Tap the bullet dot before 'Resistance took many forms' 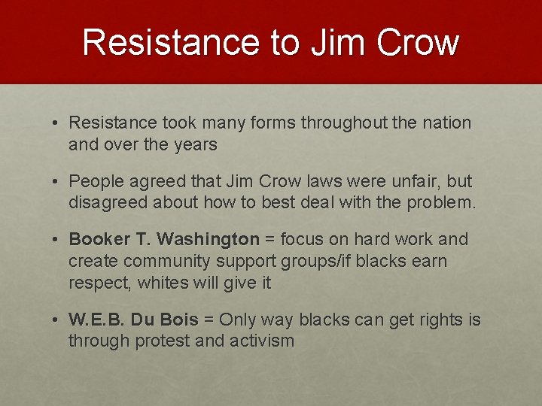click(x=57, y=123)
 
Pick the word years click(x=196, y=144)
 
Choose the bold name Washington click(x=208, y=240)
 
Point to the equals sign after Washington click(x=268, y=240)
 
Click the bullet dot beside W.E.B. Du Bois click(x=57, y=320)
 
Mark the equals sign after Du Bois click(x=209, y=320)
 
